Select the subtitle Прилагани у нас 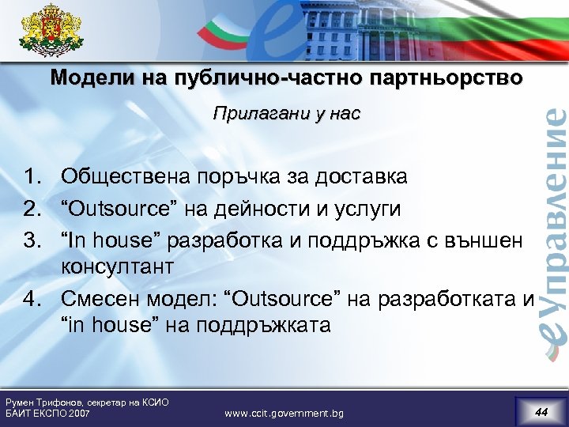coord(285,115)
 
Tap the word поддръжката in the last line coord(264,325)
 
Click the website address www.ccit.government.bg coord(284,413)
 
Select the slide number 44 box coord(541,411)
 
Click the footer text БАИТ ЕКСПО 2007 coord(47,414)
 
